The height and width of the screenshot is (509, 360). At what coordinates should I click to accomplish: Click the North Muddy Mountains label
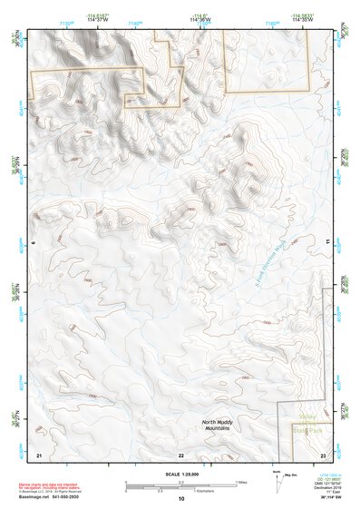[221, 426]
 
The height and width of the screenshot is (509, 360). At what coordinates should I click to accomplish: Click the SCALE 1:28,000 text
[180, 475]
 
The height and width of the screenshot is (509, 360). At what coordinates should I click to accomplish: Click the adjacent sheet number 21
[38, 454]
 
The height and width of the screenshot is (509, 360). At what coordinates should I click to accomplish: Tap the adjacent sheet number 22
[181, 454]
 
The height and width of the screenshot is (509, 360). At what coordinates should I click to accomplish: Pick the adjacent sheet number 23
[323, 454]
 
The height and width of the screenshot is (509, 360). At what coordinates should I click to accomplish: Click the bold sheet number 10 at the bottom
[181, 498]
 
